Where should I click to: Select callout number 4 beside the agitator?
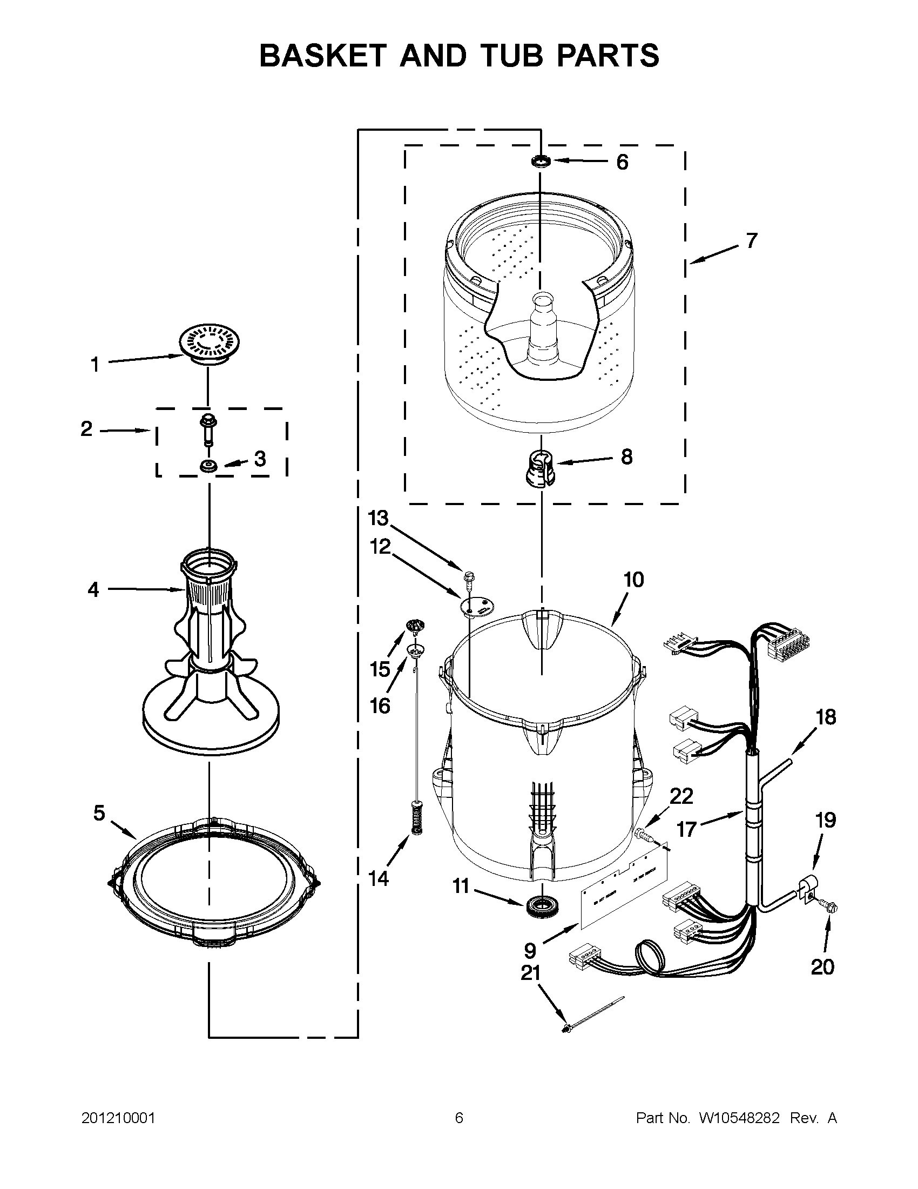(93, 589)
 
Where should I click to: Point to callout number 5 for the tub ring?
(98, 813)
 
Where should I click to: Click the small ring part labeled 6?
(541, 162)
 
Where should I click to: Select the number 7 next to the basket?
(752, 240)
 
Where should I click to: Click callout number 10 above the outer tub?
(633, 580)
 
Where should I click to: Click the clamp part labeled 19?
(805, 891)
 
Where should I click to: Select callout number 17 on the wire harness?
(687, 829)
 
